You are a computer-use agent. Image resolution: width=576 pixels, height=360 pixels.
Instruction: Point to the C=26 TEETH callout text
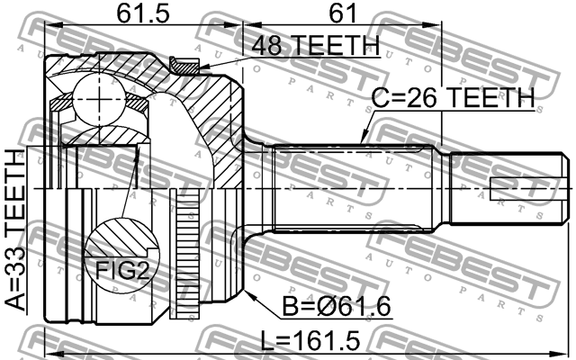[453, 96]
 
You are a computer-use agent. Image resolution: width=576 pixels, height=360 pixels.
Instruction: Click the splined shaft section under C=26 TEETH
[360, 188]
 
